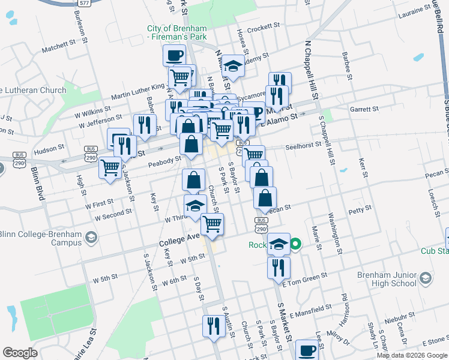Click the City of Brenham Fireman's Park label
178,33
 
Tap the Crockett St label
264,27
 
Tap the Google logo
20,353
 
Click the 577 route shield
85,2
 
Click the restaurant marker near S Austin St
213,326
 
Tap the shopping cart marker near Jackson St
110,168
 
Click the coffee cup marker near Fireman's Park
174,56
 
